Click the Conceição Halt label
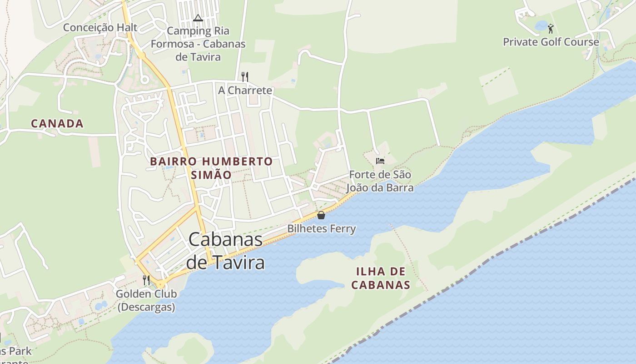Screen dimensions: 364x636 [x=100, y=27]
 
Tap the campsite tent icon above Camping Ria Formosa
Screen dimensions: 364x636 [x=197, y=18]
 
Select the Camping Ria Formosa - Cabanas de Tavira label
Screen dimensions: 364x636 [x=198, y=44]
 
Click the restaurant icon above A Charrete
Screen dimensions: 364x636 [x=245, y=76]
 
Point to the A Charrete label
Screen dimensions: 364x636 [x=245, y=90]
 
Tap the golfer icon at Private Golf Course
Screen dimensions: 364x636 [x=551, y=29]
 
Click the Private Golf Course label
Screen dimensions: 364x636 [x=551, y=42]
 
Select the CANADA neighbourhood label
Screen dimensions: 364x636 [x=57, y=123]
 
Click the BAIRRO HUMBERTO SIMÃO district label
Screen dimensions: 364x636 [x=211, y=168]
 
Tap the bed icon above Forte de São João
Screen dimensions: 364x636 [x=380, y=161]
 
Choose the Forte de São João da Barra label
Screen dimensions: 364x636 [x=380, y=181]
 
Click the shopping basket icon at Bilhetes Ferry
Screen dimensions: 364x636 [x=321, y=215]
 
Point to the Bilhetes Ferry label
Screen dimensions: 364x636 [x=321, y=228]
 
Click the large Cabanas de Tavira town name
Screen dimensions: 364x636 [x=225, y=251]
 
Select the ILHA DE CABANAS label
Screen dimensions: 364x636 [x=381, y=278]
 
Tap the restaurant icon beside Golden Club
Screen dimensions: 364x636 [x=146, y=280]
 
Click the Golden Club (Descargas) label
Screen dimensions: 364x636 [x=146, y=300]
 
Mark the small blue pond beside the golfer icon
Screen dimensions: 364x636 [x=541, y=25]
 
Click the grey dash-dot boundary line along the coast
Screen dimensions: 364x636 [x=500, y=255]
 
